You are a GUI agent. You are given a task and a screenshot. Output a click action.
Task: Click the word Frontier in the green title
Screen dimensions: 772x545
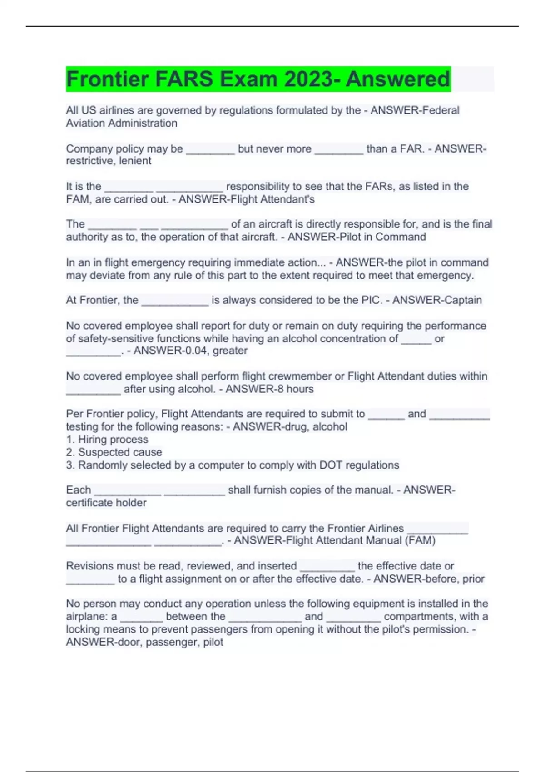[108, 79]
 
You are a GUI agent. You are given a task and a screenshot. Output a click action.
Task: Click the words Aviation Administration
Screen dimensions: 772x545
[121, 123]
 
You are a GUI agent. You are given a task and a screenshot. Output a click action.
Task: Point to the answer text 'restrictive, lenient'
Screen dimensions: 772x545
[109, 161]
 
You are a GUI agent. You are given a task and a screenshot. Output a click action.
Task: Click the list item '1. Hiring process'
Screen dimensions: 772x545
[107, 440]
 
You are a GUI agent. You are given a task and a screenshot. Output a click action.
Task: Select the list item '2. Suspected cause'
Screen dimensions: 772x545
[114, 452]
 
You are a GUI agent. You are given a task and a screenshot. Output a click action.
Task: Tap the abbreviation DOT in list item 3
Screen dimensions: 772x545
[332, 465]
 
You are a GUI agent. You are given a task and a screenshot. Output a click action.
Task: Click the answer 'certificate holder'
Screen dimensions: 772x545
[106, 503]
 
